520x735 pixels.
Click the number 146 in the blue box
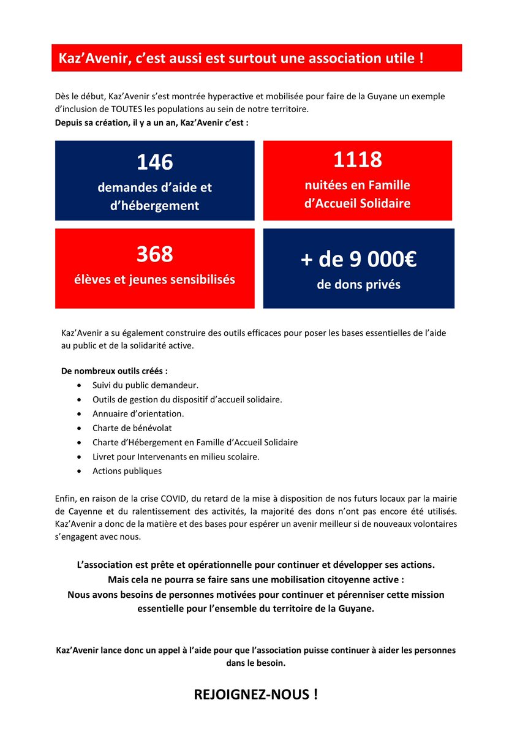(x=154, y=162)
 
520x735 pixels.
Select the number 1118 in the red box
(x=358, y=160)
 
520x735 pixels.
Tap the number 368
(x=154, y=254)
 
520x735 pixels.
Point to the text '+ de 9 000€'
(x=359, y=260)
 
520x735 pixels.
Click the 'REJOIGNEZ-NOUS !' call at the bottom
(x=256, y=695)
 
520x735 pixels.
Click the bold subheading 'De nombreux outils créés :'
(x=115, y=371)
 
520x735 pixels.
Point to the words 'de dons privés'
(x=359, y=285)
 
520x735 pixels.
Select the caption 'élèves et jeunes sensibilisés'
(x=154, y=279)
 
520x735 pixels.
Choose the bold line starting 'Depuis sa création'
(x=152, y=123)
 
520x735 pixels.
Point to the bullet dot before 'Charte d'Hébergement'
(x=80, y=442)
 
